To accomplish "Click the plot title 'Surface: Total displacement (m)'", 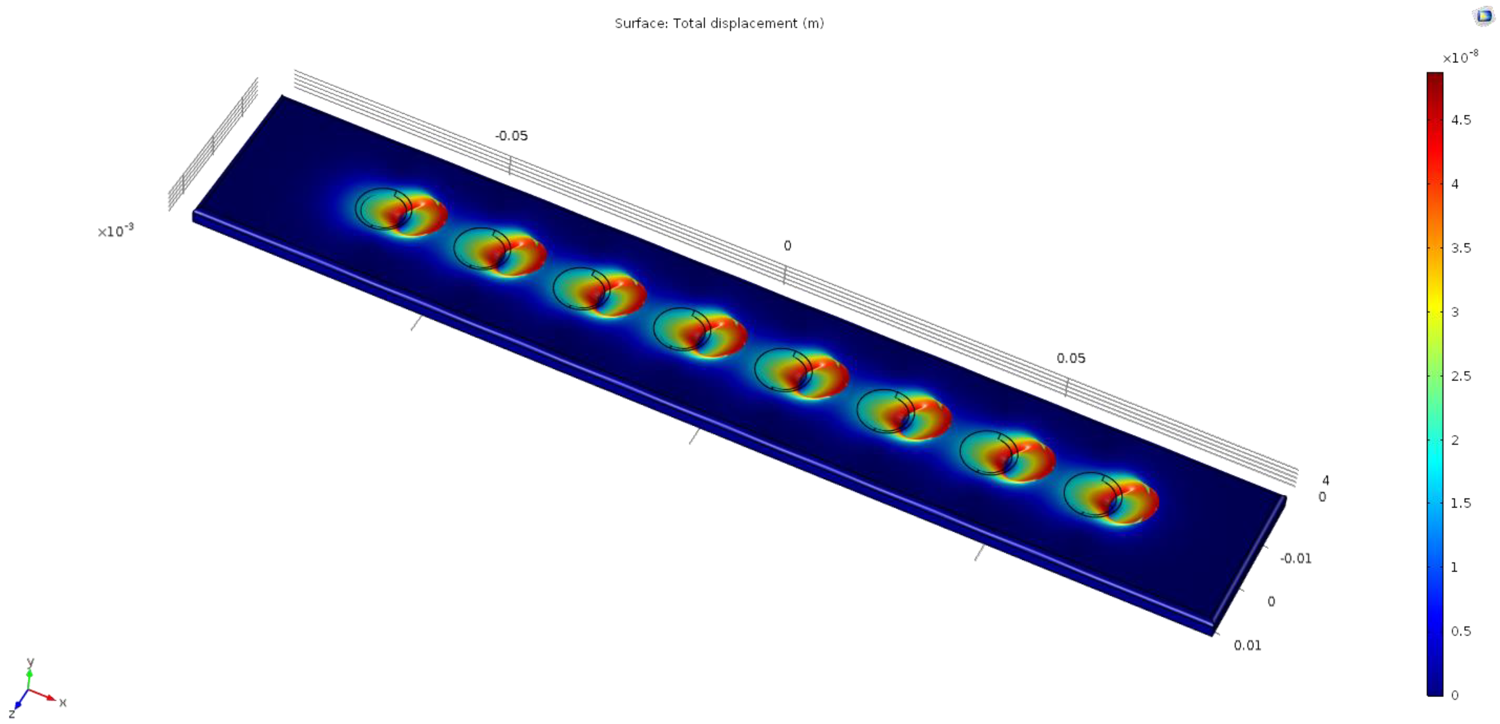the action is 719,23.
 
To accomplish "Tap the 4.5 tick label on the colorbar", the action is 1461,120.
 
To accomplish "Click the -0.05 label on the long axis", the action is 511,136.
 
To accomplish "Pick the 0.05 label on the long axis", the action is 1071,358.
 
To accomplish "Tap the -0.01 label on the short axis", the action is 1296,559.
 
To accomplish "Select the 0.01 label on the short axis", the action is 1247,645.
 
